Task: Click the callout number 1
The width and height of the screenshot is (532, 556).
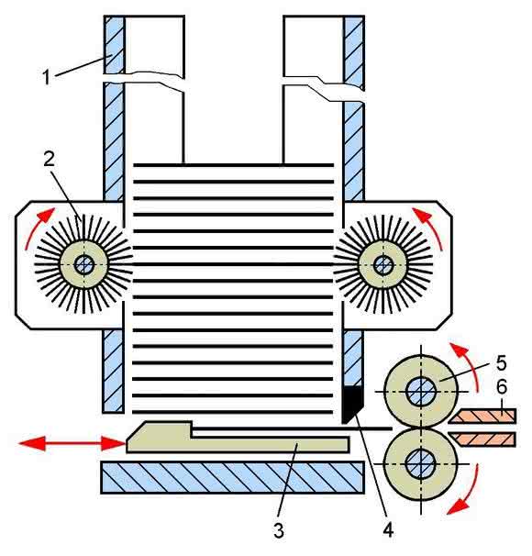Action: (x=47, y=77)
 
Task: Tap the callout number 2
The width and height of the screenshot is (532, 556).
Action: (x=50, y=160)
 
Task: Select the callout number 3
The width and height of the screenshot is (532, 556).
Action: (x=279, y=531)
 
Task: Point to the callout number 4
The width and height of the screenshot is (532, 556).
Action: (x=388, y=530)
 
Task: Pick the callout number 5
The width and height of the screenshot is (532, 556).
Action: (x=501, y=362)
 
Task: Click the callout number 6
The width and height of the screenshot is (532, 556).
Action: (x=502, y=387)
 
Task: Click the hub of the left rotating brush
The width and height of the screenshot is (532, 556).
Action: (x=84, y=264)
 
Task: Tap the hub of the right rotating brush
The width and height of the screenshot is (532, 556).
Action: (x=382, y=264)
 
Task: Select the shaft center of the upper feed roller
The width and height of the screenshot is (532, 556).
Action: (x=421, y=392)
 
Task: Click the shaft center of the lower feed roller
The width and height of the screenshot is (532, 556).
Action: (x=421, y=464)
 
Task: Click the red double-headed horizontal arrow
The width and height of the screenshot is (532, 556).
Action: (x=72, y=443)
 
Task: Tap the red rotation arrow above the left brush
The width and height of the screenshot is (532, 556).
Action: (x=36, y=227)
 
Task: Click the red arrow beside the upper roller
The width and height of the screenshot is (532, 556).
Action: (x=468, y=363)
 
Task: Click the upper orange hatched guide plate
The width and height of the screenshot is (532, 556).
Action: (x=482, y=416)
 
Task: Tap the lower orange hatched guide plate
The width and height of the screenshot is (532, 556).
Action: (x=482, y=439)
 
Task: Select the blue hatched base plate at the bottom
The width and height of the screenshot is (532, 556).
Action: (x=232, y=477)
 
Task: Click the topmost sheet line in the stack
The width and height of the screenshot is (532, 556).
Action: (x=233, y=165)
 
